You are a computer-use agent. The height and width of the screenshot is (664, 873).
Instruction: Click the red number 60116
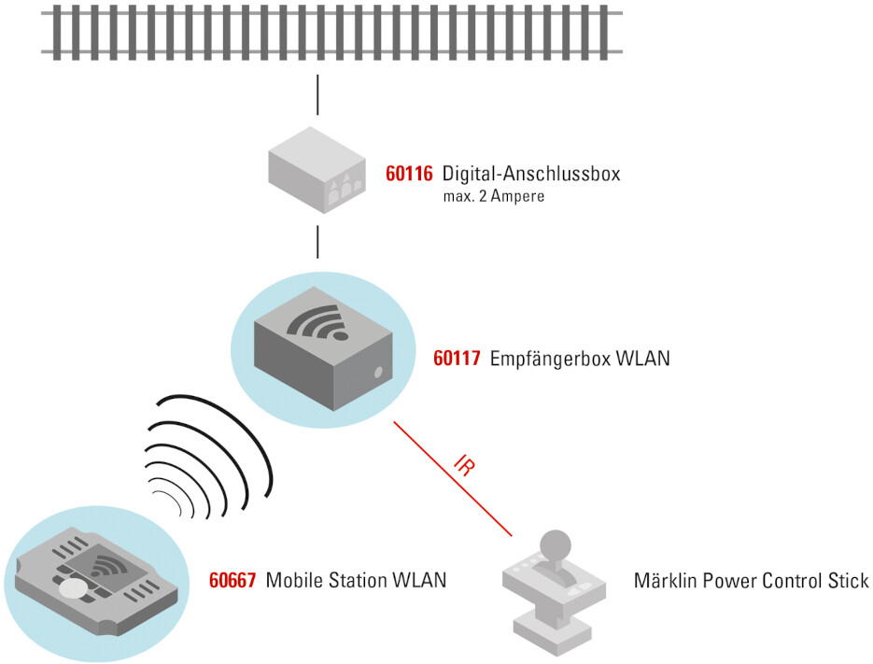click(x=410, y=175)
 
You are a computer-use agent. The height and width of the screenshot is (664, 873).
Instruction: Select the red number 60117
click(x=458, y=359)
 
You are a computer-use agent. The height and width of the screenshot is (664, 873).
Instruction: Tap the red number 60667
click(x=233, y=580)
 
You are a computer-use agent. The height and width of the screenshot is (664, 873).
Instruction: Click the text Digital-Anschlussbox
click(x=530, y=175)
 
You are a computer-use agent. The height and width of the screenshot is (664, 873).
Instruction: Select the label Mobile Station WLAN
click(x=356, y=580)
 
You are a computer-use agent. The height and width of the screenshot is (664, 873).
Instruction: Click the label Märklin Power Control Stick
click(x=751, y=580)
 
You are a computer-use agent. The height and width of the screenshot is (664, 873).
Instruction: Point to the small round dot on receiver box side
click(x=378, y=373)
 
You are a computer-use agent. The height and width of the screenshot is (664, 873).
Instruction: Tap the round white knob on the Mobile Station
click(x=73, y=590)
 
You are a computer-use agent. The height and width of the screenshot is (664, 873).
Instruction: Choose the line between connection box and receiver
click(x=317, y=241)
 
